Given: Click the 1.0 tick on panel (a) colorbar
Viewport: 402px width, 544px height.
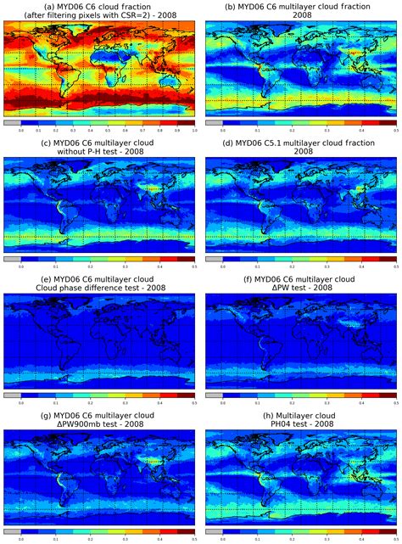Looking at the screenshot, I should [x=194, y=131].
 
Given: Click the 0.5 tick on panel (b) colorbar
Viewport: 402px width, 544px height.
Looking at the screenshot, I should [x=394, y=131].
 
